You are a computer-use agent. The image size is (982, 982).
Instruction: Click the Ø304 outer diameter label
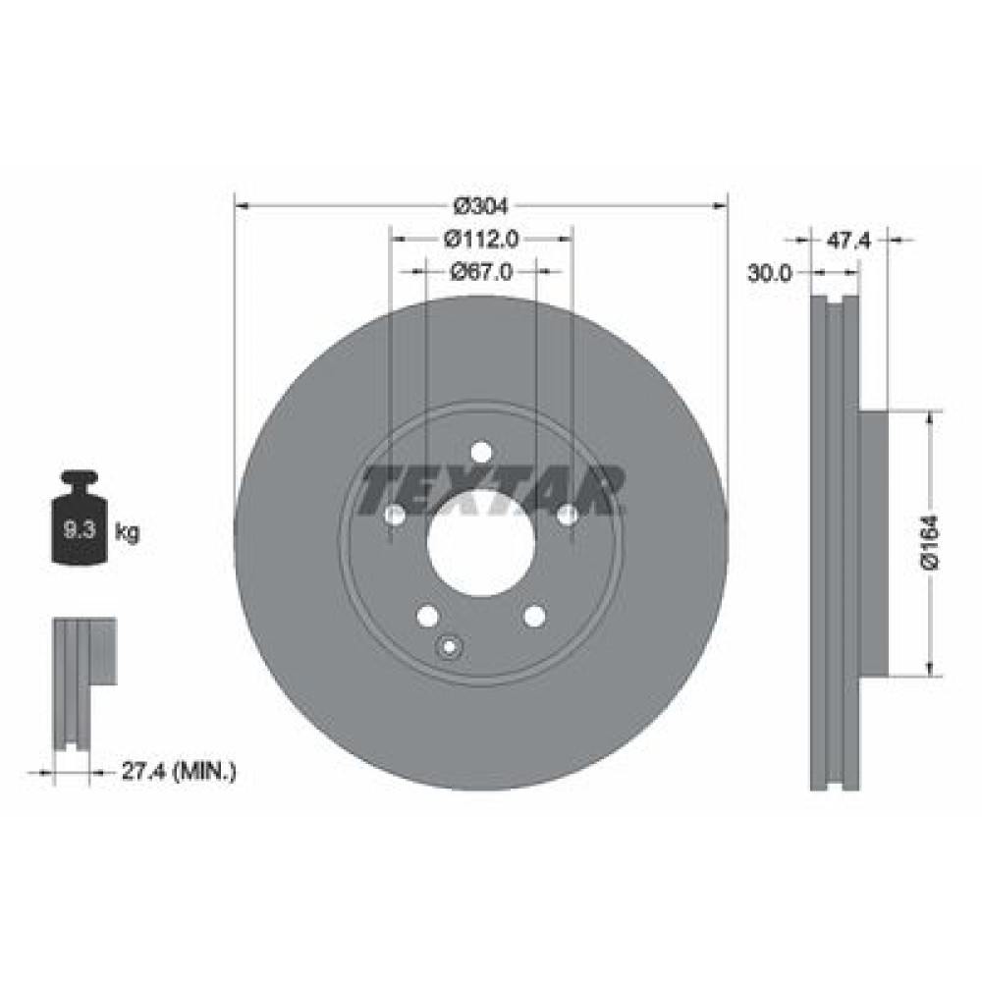(x=481, y=205)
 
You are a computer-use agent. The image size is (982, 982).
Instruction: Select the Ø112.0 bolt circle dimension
(x=481, y=239)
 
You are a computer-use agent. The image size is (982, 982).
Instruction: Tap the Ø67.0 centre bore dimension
(x=481, y=272)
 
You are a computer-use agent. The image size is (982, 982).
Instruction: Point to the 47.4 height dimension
(x=848, y=241)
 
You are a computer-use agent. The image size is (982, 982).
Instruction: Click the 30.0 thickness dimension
(x=770, y=273)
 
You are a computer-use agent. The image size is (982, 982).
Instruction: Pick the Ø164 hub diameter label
(x=931, y=542)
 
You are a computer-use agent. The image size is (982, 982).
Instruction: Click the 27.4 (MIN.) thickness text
(x=179, y=771)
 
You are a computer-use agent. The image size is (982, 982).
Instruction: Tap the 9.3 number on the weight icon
(x=80, y=530)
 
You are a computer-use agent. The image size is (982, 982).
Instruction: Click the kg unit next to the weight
(x=127, y=533)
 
